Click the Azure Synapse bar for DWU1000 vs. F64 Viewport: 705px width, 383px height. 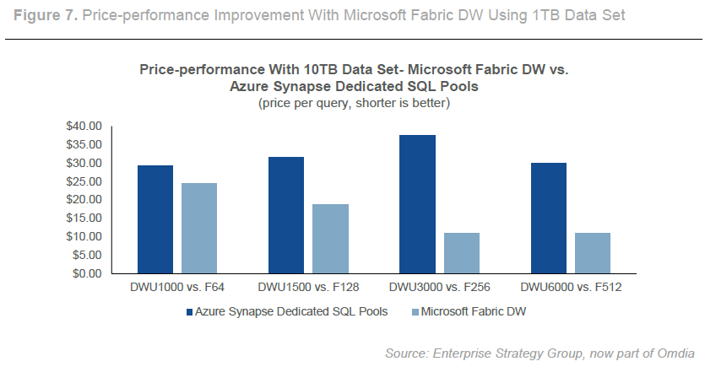tap(155, 219)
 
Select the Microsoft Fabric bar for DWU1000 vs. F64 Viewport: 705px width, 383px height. tap(199, 229)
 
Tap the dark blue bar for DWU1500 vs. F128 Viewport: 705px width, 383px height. tap(286, 215)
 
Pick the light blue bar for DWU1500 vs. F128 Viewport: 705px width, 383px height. tap(331, 239)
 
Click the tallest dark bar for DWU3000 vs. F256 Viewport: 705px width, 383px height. tap(417, 204)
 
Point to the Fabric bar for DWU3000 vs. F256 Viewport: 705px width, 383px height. tap(462, 253)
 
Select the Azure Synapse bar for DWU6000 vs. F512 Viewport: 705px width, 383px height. tap(549, 218)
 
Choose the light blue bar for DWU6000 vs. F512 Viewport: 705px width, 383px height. tap(593, 253)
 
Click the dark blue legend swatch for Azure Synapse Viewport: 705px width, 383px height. tap(189, 312)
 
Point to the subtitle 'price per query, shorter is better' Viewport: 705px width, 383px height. tap(353, 104)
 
